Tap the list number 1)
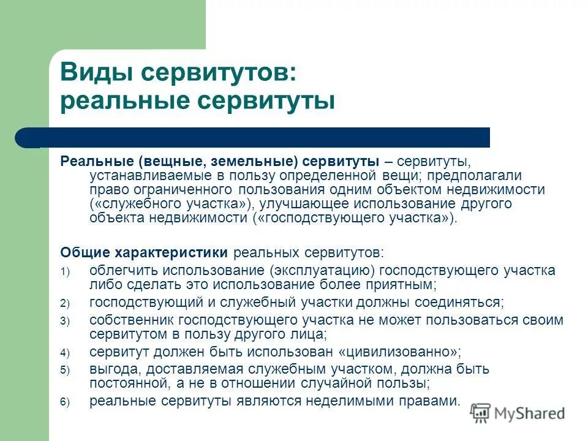click(65, 271)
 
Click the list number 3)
click(65, 321)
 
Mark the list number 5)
click(65, 371)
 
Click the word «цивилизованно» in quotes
click(399, 352)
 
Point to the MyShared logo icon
click(481, 413)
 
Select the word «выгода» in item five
click(110, 369)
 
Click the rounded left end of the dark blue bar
click(24, 138)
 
